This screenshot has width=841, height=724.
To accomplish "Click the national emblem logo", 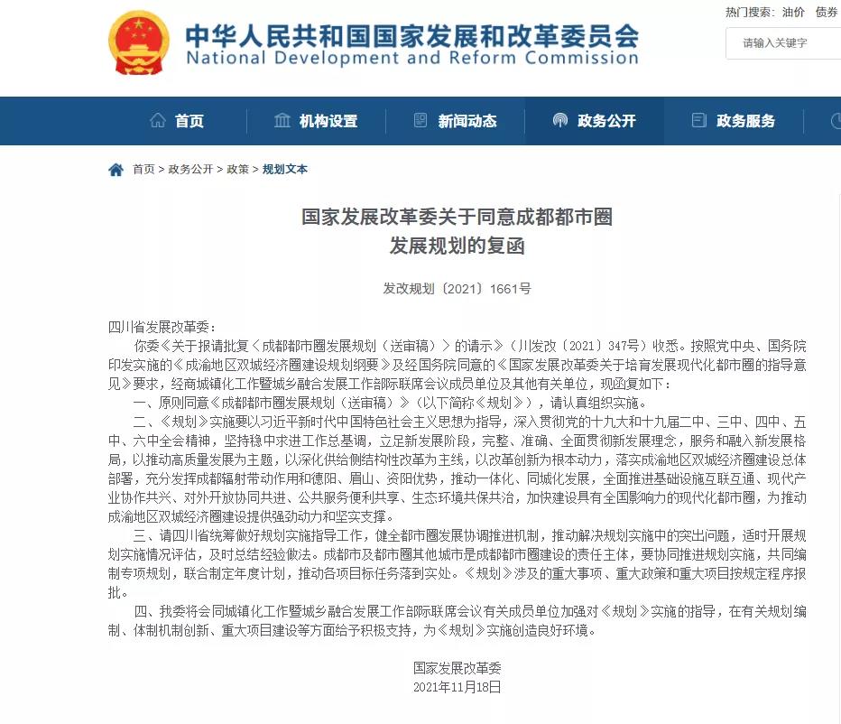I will click(138, 42).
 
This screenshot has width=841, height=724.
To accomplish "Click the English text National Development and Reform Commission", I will click(411, 59).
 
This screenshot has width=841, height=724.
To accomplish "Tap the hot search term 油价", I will click(793, 12).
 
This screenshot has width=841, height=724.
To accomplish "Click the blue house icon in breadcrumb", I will click(116, 170).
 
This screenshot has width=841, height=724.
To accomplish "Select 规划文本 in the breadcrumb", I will click(284, 170).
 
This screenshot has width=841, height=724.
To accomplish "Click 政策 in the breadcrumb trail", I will click(237, 170).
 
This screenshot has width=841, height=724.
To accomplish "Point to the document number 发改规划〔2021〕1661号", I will click(457, 289).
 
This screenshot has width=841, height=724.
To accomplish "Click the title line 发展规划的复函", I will click(457, 246).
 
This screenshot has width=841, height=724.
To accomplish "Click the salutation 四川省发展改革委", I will click(162, 327).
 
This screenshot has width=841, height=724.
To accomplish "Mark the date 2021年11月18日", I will click(457, 686).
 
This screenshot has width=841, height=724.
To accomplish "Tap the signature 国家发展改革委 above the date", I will click(457, 668).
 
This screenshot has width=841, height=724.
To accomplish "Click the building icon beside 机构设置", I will click(282, 121).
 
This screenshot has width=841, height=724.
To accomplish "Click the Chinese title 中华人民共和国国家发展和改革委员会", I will click(411, 34).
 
